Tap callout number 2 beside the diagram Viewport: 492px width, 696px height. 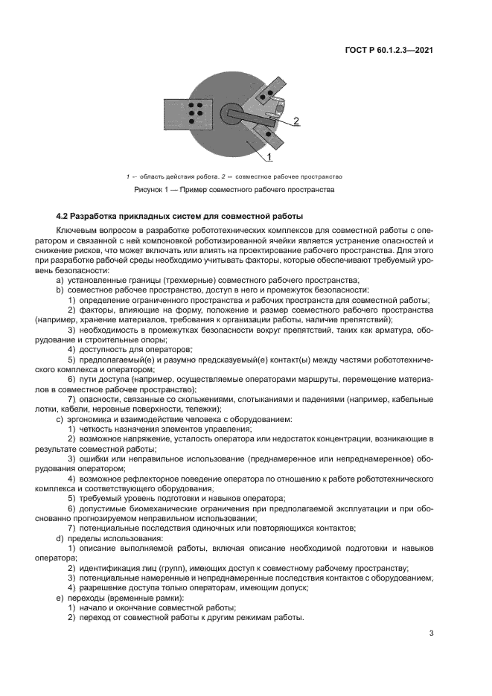(x=295, y=121)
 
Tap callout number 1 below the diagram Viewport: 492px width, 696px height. (x=269, y=158)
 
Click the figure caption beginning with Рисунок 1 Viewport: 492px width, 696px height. (x=234, y=190)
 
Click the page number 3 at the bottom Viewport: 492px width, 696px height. (x=431, y=633)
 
